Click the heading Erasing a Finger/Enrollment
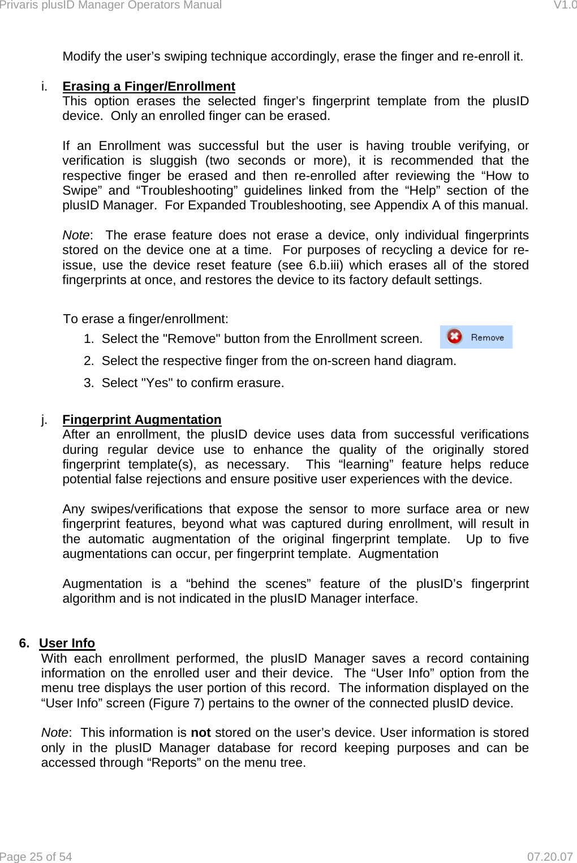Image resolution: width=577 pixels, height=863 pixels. (148, 86)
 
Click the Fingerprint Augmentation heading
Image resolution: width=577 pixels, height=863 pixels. (141, 419)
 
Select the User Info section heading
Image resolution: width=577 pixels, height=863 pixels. (67, 643)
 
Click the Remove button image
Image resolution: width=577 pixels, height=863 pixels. (476, 337)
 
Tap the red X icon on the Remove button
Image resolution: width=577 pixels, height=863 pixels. (454, 337)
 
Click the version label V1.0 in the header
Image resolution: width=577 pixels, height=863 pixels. (565, 5)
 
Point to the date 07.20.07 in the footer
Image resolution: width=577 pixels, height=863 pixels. (550, 857)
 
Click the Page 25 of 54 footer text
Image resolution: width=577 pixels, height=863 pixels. (36, 857)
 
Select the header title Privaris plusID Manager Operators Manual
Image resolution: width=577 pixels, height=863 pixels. (111, 5)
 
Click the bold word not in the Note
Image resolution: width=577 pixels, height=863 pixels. (201, 732)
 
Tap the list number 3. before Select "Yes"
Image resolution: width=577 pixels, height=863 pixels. (89, 383)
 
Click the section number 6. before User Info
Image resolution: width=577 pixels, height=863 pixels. (24, 643)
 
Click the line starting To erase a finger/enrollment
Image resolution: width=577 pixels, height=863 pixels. (145, 319)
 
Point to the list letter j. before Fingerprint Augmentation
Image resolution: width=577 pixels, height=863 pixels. (44, 419)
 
